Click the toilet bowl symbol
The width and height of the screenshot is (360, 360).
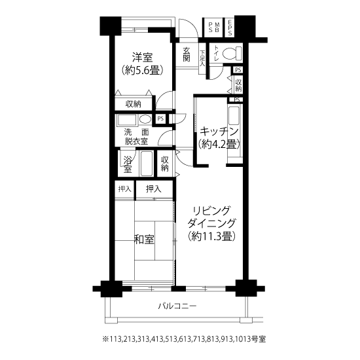coord(232,53)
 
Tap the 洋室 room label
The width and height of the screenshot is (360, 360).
coord(142,57)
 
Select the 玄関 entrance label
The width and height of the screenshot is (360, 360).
coord(187,54)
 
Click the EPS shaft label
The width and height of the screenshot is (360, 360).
coord(230,27)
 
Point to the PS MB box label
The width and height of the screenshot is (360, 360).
coord(214,27)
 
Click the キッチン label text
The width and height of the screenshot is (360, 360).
coord(219,132)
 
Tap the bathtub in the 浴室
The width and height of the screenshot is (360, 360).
coord(146,164)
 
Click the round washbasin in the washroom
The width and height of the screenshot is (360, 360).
coord(145,119)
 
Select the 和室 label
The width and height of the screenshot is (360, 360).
coord(144,240)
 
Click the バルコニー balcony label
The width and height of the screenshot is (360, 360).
coord(177,306)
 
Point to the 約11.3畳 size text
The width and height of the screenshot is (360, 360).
coord(211,236)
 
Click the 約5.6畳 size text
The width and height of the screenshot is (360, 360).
coord(142,70)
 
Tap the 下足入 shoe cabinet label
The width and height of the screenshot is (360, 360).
coord(202,58)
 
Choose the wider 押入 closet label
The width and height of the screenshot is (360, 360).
coord(154,189)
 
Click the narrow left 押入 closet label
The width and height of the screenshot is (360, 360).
coord(124,189)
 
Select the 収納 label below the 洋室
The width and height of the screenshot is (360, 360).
coord(133,104)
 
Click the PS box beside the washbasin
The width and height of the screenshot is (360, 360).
coord(161,118)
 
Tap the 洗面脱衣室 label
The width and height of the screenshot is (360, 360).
coord(136,137)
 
